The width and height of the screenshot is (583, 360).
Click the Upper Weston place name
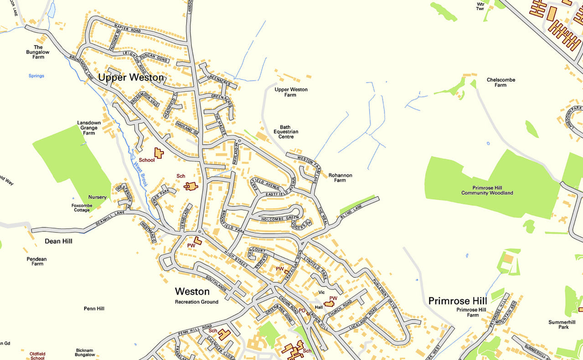pyautogui.click(x=131, y=78)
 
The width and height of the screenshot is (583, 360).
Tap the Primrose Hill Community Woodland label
pyautogui.click(x=487, y=190)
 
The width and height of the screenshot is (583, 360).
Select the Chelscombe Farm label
pyautogui.click(x=500, y=82)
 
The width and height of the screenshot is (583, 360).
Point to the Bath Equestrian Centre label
pyautogui.click(x=286, y=132)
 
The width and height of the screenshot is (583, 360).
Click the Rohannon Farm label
pyautogui.click(x=340, y=177)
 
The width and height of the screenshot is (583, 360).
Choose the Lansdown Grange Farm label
pyautogui.click(x=89, y=128)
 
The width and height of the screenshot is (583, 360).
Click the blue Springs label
pyautogui.click(x=36, y=76)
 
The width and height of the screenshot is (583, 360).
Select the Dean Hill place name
pyautogui.click(x=58, y=241)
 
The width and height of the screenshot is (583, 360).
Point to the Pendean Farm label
pyautogui.click(x=37, y=261)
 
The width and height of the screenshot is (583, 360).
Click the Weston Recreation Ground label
pyautogui.click(x=197, y=302)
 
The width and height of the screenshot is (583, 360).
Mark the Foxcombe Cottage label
pyautogui.click(x=82, y=208)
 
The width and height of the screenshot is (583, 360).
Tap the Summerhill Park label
pyautogui.click(x=558, y=324)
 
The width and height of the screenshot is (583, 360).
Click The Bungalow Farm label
pyautogui.click(x=38, y=52)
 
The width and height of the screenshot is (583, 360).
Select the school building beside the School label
pyautogui.click(x=158, y=153)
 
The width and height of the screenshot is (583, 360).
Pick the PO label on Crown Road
pyautogui.click(x=302, y=310)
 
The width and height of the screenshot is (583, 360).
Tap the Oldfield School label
pyautogui.click(x=37, y=356)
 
